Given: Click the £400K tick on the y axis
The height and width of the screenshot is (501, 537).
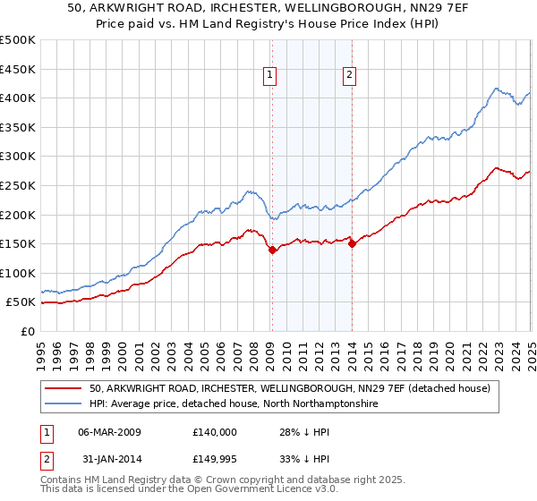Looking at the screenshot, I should click(x=18, y=98).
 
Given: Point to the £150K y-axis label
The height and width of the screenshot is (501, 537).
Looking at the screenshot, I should click(x=18, y=243).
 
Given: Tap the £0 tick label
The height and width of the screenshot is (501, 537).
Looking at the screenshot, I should click(x=27, y=331).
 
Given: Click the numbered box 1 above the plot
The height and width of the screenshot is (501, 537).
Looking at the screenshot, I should click(x=269, y=76).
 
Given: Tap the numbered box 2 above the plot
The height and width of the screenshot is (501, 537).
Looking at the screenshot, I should click(x=348, y=76).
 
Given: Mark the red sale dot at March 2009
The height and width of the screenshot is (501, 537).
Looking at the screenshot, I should click(x=272, y=250).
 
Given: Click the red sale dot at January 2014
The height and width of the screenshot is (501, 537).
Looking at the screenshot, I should click(x=352, y=243).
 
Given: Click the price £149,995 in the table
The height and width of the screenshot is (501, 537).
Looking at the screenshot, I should click(x=216, y=459).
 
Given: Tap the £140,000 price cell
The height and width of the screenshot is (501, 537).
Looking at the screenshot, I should click(x=215, y=432).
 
